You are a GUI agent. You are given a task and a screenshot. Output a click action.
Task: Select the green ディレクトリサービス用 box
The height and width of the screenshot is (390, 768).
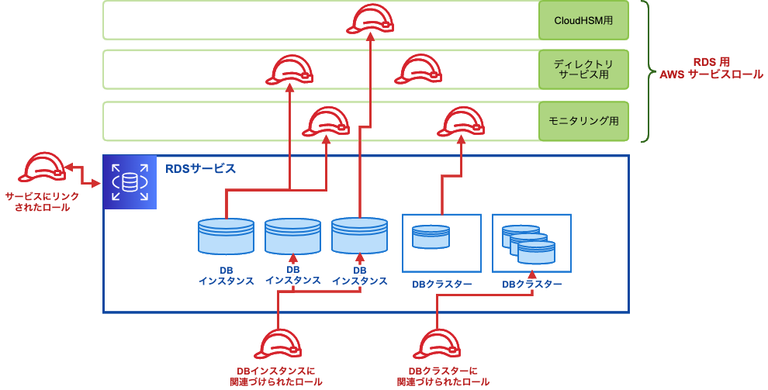click(x=583, y=70)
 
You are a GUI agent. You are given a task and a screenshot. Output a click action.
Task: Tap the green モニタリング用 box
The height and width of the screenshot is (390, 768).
click(x=583, y=121)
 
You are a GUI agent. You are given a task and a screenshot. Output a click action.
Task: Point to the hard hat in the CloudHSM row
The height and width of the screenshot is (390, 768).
click(x=369, y=19)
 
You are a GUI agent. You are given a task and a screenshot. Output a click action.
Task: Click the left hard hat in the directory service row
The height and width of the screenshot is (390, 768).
click(x=289, y=70)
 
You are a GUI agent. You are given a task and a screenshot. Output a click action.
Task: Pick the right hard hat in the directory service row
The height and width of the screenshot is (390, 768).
click(x=418, y=70)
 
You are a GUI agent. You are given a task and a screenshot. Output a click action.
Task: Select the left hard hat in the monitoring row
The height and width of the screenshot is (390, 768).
click(x=326, y=122)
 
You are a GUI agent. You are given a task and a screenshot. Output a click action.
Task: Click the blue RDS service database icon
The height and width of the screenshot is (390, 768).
click(x=130, y=182)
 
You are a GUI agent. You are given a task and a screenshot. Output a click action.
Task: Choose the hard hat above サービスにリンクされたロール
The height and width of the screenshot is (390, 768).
click(x=43, y=169)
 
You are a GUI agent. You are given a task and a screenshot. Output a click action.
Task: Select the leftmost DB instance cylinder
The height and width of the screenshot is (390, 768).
click(x=226, y=236)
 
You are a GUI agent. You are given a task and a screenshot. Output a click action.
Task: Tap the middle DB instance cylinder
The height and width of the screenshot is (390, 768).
click(x=292, y=236)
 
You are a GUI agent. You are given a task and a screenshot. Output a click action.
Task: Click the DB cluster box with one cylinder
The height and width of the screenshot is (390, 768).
click(x=441, y=243)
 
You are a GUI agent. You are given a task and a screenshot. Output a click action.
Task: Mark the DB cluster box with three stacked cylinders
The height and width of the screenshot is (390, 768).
click(x=531, y=243)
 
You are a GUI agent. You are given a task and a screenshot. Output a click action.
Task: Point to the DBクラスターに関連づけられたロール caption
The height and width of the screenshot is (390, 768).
click(x=443, y=377)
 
